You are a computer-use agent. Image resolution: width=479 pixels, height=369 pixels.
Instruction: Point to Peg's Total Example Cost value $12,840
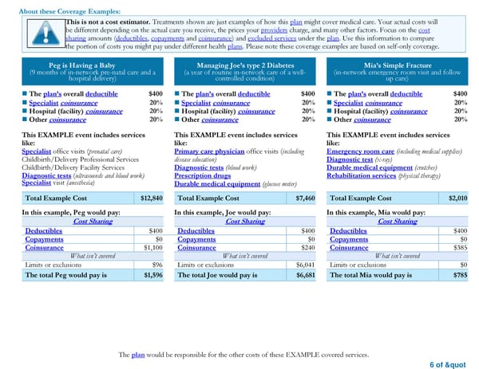click(152, 198)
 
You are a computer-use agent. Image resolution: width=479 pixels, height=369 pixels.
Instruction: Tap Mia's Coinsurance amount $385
click(460, 247)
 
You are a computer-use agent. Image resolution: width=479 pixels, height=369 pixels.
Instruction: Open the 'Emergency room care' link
click(360, 151)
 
